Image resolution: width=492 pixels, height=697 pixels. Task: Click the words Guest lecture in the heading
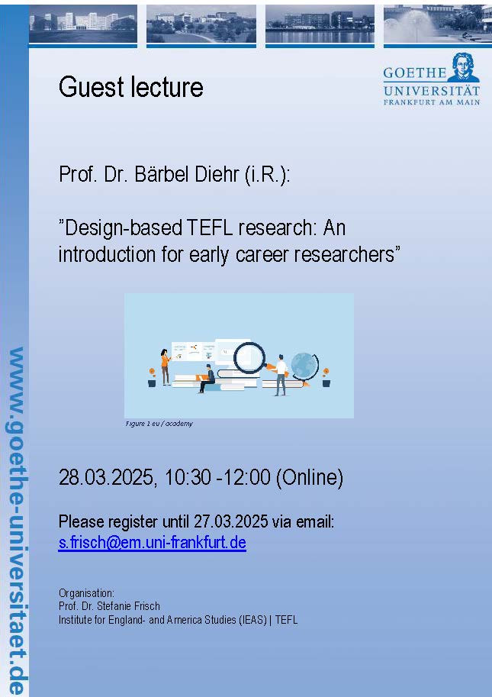click(131, 86)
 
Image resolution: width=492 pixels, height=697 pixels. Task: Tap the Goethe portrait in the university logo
click(463, 67)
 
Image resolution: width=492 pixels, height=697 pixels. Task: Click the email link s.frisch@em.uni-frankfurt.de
click(152, 542)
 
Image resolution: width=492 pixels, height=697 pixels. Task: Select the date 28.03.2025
click(106, 477)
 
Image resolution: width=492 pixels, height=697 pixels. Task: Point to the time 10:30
click(188, 477)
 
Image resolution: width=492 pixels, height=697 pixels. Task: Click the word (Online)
click(310, 478)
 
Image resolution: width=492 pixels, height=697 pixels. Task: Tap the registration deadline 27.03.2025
click(230, 521)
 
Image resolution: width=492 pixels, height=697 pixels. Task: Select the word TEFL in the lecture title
click(209, 228)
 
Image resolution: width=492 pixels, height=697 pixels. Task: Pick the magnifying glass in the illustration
click(250, 358)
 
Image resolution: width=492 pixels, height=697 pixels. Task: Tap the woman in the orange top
click(166, 366)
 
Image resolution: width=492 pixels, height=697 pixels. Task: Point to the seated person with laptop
click(207, 379)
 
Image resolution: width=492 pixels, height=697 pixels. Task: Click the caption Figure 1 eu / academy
click(159, 424)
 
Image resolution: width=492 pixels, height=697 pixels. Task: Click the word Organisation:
click(86, 593)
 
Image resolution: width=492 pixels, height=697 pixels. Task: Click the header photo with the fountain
click(437, 24)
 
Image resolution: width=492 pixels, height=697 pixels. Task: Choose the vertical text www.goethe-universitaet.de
click(16, 520)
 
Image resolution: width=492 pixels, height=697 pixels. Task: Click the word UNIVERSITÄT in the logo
click(432, 91)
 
